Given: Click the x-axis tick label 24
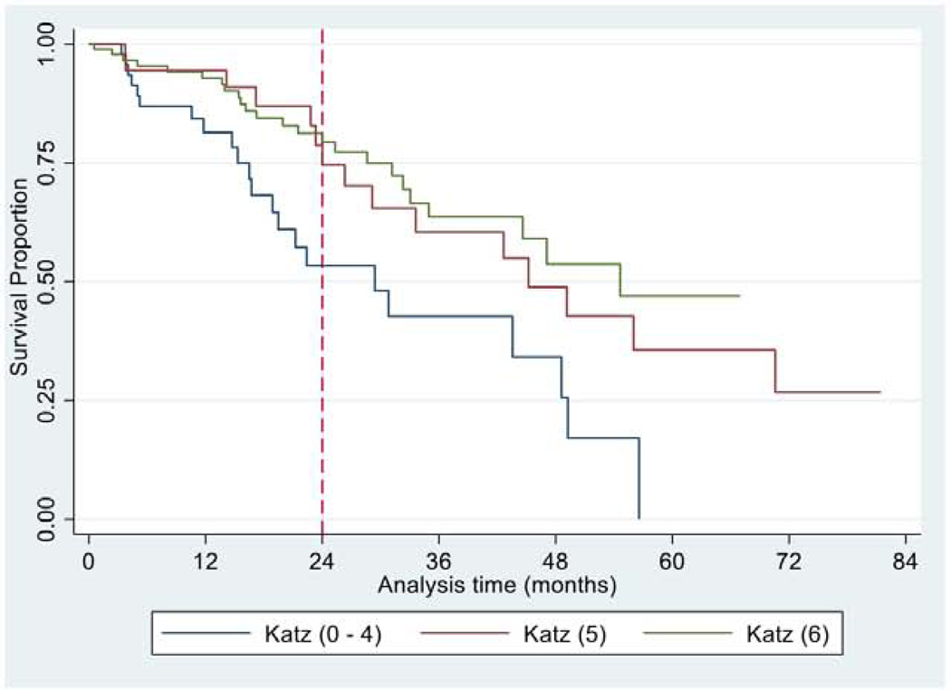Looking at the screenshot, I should (322, 561).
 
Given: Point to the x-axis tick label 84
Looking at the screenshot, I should (906, 561).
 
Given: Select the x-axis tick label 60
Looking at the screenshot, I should (672, 561).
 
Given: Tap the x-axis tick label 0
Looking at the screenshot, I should (89, 561).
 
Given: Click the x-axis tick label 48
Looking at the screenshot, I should (555, 561).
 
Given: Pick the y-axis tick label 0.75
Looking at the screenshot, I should (45, 163).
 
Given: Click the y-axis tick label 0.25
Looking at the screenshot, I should (45, 399).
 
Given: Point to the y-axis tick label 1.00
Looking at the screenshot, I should (45, 43).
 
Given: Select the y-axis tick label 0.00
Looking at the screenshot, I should (45, 519).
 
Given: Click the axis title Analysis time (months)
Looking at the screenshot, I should (496, 584).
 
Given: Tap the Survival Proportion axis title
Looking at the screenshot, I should (18, 280).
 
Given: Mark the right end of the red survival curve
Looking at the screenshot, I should (879, 392).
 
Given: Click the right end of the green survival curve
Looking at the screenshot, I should (739, 296).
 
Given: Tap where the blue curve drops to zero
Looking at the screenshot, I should (639, 518).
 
